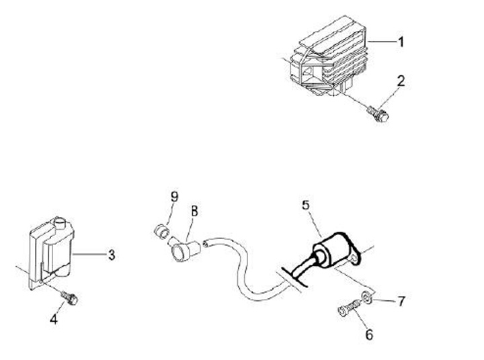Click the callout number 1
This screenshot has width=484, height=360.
(401, 42)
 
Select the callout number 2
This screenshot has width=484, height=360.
(401, 82)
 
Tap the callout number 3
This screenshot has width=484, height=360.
(112, 255)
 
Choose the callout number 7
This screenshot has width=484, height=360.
(401, 301)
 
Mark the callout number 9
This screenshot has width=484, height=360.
(174, 196)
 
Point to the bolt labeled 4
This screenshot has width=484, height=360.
(71, 296)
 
